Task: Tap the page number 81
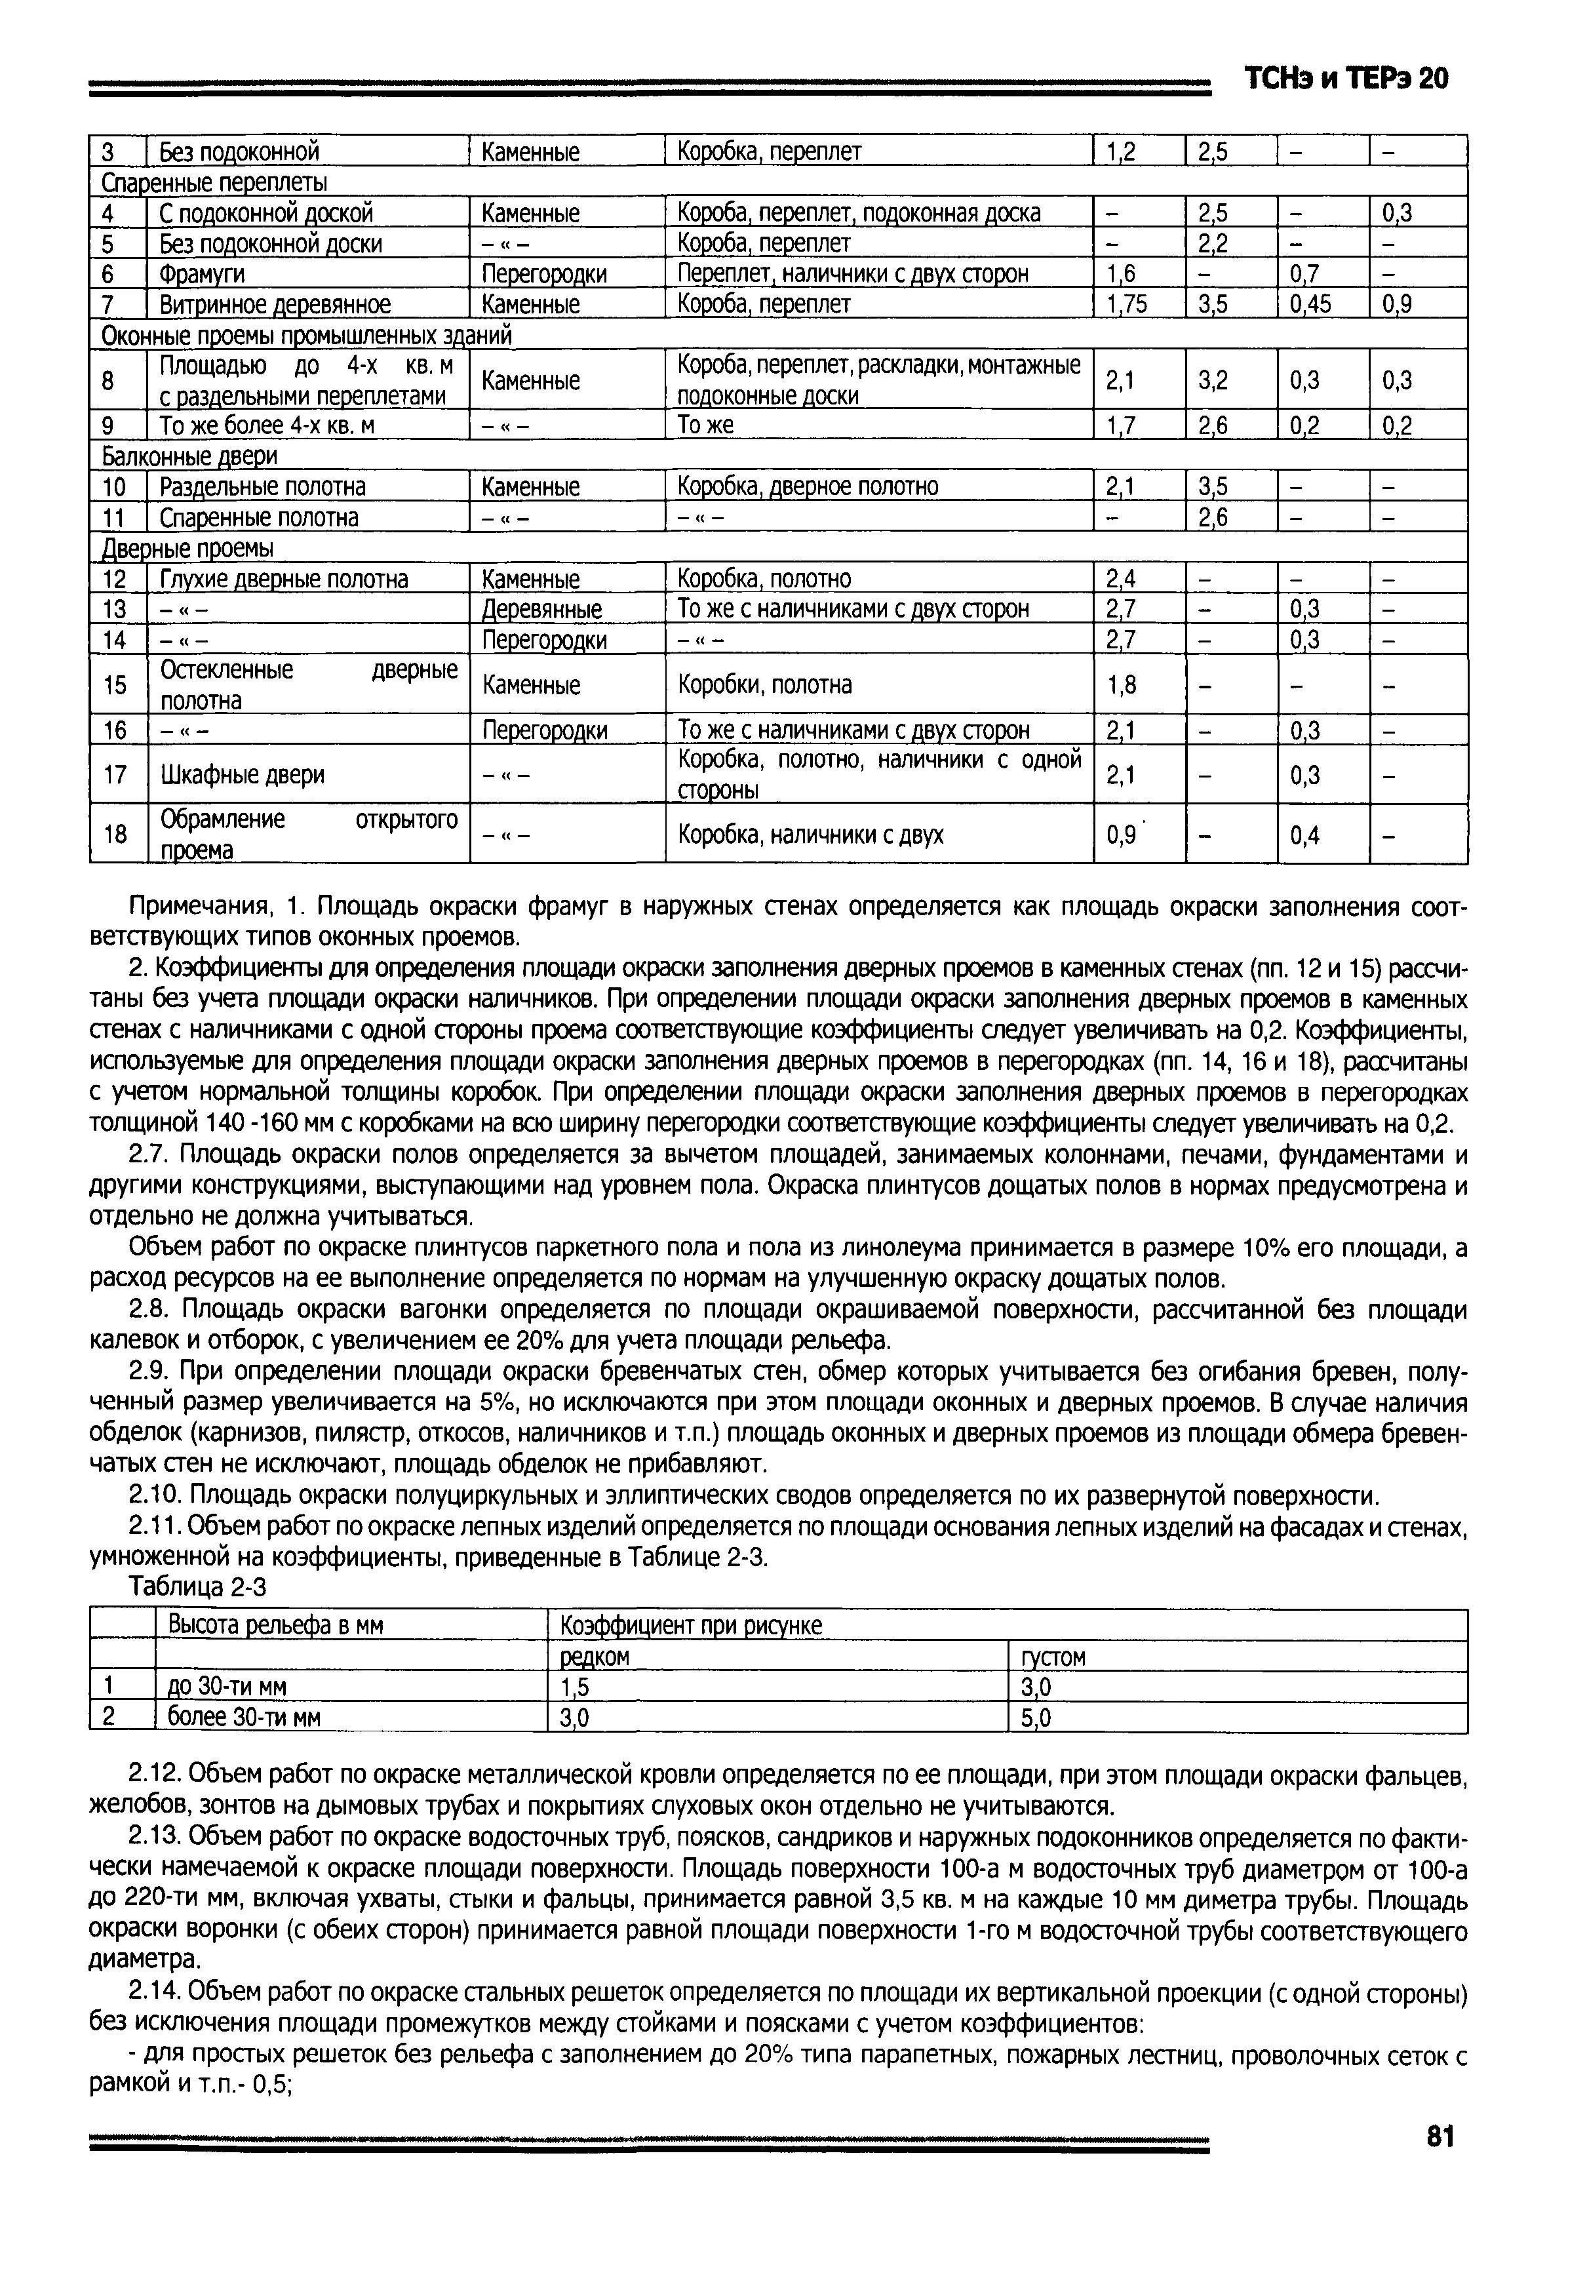pos(1440,2136)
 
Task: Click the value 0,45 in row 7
pos(1312,304)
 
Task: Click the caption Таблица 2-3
pos(198,1588)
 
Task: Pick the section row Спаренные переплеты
pos(215,183)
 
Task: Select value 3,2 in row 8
pos(1213,380)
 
